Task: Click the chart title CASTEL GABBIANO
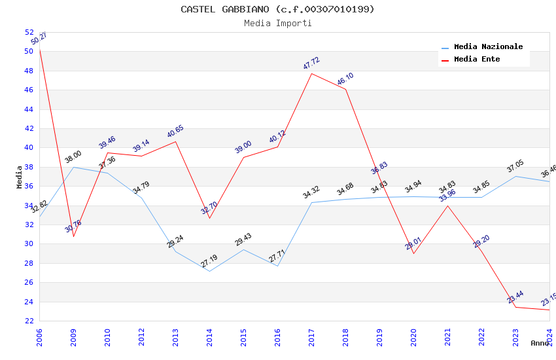pos(277,9)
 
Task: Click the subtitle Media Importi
pos(277,23)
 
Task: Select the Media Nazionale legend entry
pos(488,46)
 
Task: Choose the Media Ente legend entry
pos(477,59)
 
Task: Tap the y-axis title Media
pos(20,177)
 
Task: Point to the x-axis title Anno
pos(540,343)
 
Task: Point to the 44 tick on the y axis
pos(29,109)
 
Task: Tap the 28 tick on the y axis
pos(29,263)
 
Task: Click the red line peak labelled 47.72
pos(311,73)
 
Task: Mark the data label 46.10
pos(345,79)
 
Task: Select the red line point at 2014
pos(209,218)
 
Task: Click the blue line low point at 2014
pos(209,271)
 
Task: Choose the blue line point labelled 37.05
pos(515,176)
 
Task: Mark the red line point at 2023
pos(515,307)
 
